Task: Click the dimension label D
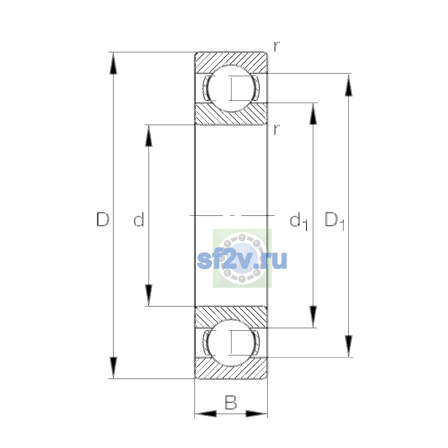point(103,219)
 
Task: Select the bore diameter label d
point(139,219)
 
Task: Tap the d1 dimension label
point(298,221)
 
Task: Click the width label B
point(231,402)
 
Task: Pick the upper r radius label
point(276,47)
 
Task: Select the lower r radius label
point(276,130)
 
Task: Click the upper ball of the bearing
point(231,88)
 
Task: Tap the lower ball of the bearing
point(231,343)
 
